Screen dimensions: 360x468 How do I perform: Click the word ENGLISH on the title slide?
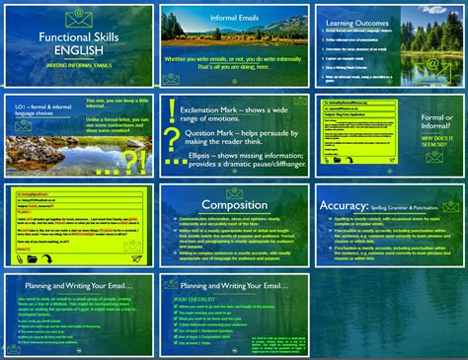[78, 46]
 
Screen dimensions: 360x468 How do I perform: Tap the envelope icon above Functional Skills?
[78, 16]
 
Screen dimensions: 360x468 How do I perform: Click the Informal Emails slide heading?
[233, 17]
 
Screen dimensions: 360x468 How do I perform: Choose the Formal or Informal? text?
[431, 122]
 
